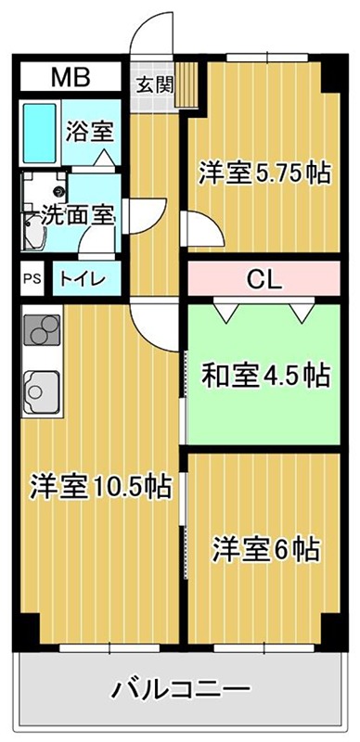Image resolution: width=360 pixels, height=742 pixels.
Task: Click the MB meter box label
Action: [71, 77]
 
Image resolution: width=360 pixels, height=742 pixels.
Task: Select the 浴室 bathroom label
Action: [90, 131]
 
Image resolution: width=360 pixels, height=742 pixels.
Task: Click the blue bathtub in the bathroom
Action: [40, 133]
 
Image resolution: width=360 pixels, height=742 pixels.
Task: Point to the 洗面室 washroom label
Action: [77, 215]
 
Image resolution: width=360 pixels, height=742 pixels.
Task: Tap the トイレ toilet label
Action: [82, 279]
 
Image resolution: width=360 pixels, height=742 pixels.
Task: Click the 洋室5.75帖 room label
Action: [264, 173]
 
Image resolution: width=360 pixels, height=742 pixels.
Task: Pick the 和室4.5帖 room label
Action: [265, 375]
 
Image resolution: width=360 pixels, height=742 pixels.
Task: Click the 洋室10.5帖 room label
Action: [100, 486]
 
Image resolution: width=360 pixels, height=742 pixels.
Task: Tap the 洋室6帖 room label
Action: [265, 549]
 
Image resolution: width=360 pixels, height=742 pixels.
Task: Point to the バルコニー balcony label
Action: [180, 690]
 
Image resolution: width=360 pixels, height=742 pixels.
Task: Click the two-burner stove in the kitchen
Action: [42, 329]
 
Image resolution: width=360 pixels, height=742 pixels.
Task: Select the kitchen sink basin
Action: [42, 391]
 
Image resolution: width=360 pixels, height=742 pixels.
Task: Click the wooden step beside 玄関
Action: [187, 84]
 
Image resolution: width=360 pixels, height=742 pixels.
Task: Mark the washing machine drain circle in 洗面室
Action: [60, 192]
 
